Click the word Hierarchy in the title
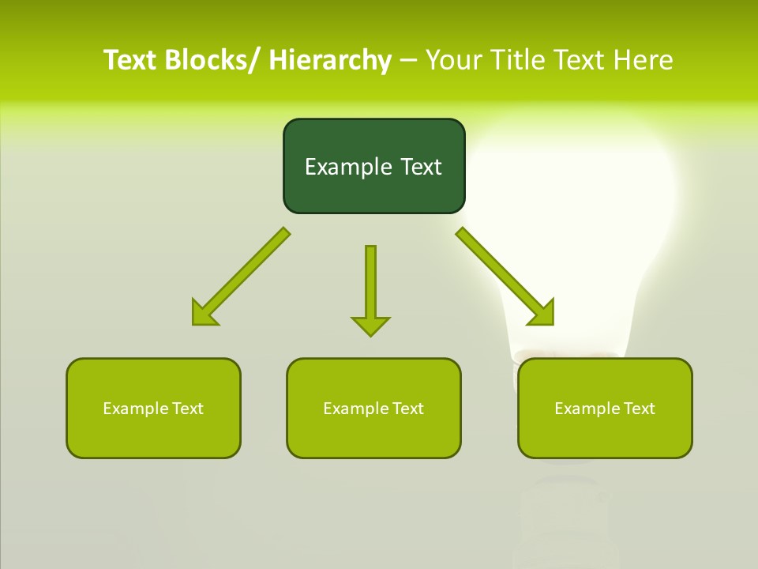tap(330, 60)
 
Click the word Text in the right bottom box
tap(639, 409)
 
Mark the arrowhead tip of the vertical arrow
tap(370, 335)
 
